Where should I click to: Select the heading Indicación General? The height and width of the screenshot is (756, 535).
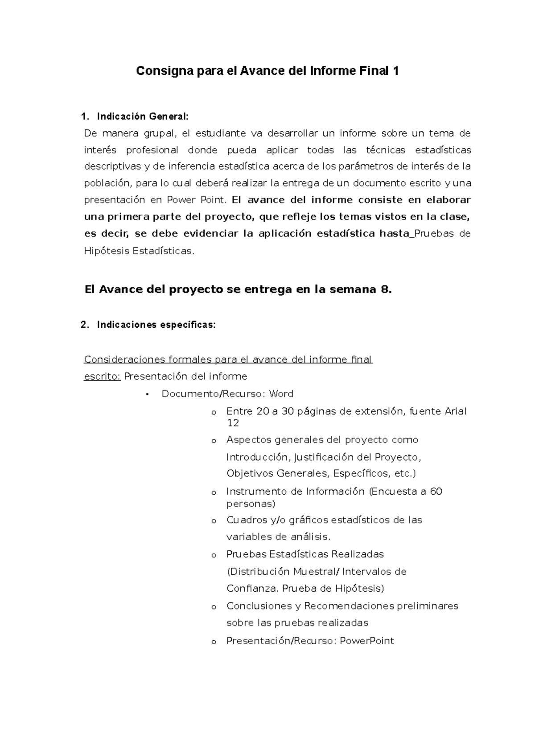(143, 117)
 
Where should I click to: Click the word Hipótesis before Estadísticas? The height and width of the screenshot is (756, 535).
(106, 251)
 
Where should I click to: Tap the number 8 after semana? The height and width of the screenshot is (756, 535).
(386, 289)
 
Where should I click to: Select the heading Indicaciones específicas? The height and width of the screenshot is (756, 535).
(156, 325)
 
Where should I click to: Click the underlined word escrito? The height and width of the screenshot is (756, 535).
(102, 377)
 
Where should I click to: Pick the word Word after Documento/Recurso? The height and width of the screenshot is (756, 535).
(281, 394)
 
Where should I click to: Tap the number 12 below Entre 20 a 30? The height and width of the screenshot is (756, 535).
(233, 423)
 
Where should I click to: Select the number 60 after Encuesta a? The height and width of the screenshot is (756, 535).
(436, 492)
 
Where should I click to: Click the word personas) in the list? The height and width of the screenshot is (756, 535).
(251, 504)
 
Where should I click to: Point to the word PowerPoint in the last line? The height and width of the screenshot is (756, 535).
(367, 641)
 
